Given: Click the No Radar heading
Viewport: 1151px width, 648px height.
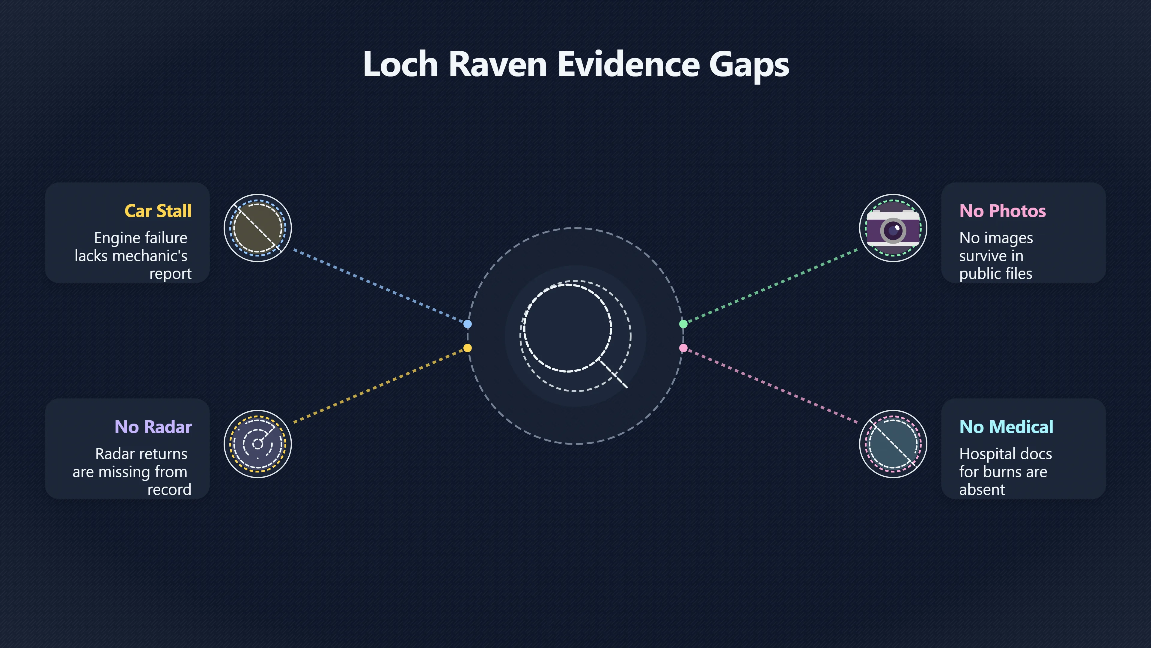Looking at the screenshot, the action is (x=153, y=427).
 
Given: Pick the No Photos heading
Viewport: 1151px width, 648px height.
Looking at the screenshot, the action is (x=1003, y=211).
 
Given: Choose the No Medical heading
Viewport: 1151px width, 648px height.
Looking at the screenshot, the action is (x=1006, y=427).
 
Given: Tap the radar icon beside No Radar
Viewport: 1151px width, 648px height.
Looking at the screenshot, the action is (x=258, y=444).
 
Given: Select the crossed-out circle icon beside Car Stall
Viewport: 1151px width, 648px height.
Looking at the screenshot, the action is (x=258, y=228).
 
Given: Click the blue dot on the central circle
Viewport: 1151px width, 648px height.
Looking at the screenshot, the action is (x=467, y=324).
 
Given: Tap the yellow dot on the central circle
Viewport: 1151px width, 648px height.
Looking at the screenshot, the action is (x=467, y=348).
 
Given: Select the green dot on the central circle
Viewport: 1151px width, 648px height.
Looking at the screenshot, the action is (x=683, y=324).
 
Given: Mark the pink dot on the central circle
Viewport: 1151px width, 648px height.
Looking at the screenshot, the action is (x=683, y=348).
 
